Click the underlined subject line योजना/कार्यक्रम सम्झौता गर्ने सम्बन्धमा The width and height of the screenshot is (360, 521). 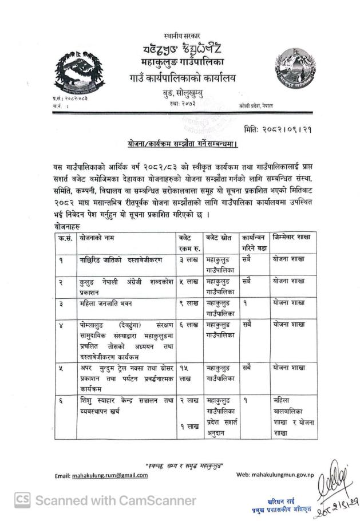(x=181, y=143)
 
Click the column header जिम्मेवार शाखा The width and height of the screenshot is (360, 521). (x=292, y=237)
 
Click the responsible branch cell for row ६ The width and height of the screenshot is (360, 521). (x=292, y=418)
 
